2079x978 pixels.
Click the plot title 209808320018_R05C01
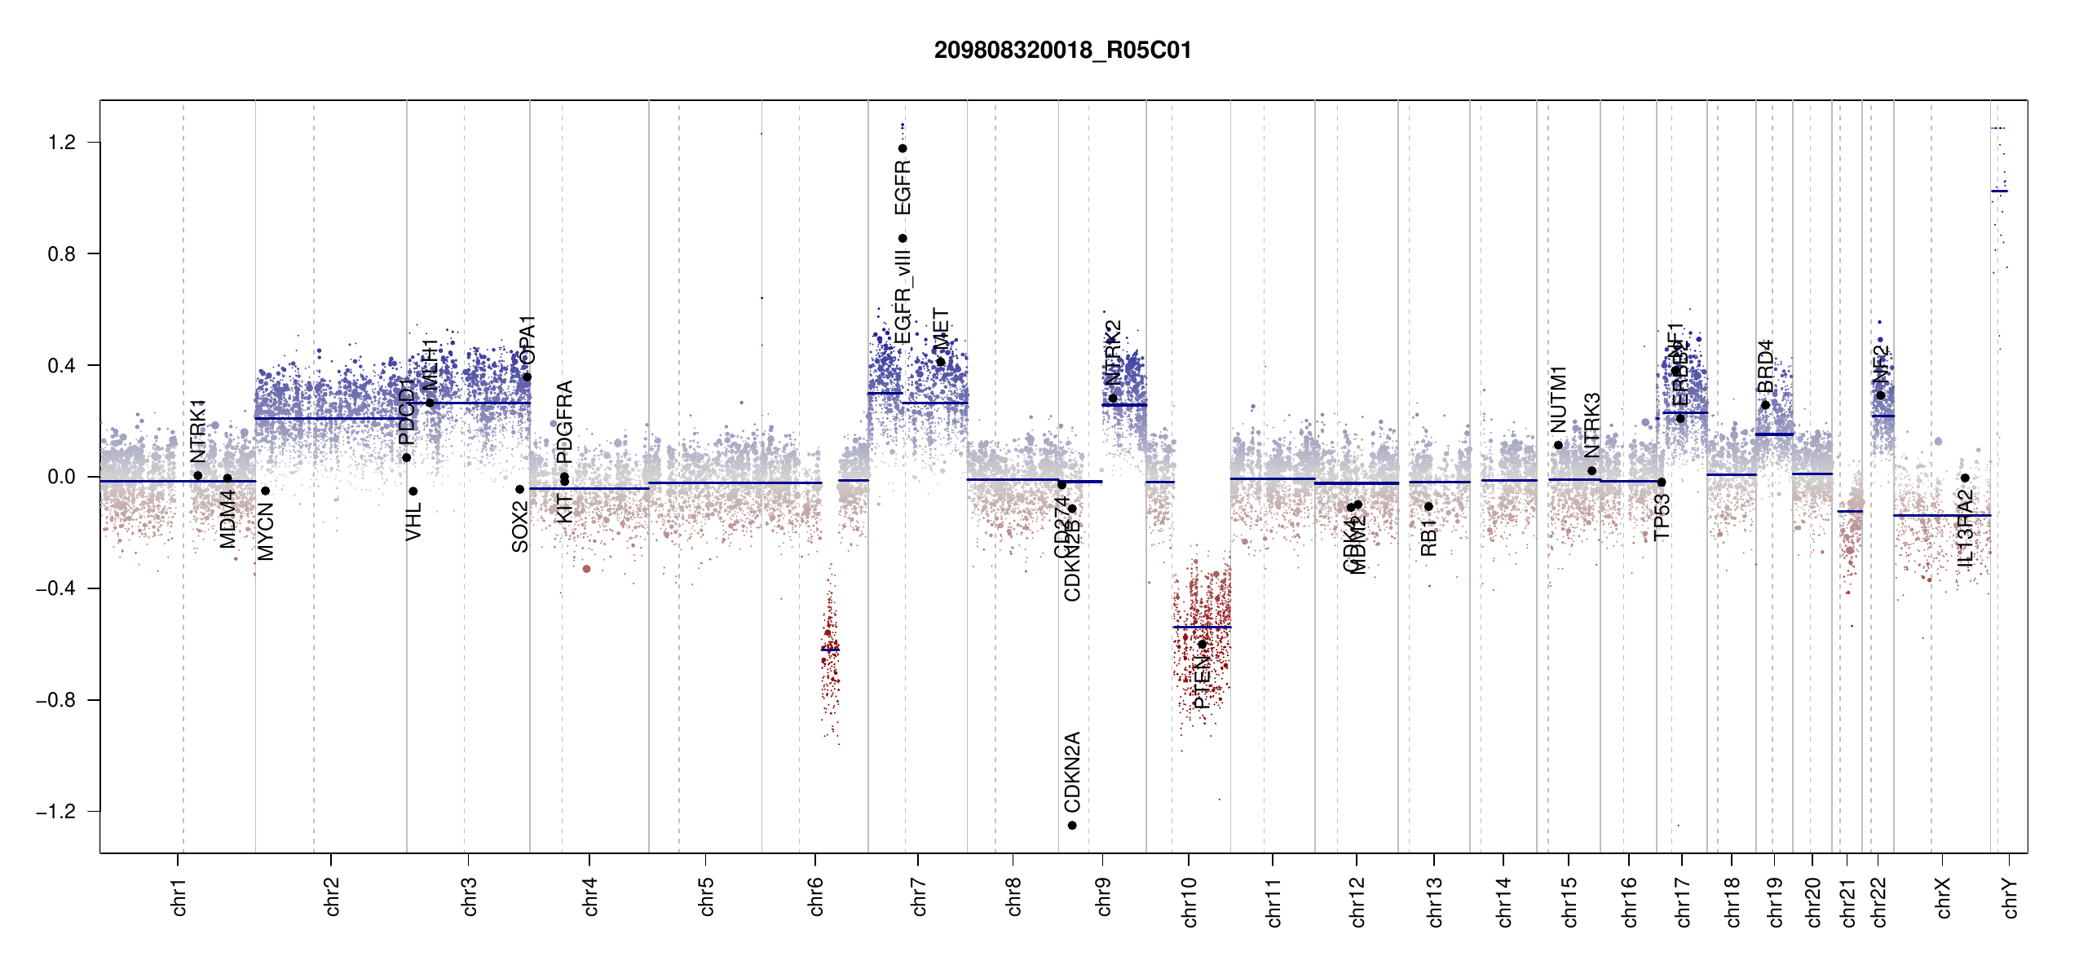1062,51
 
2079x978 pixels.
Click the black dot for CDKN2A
1072,826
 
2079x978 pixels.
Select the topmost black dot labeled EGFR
903,148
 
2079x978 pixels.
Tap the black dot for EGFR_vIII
903,239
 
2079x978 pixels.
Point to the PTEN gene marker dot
1202,645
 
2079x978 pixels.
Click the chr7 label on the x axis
919,896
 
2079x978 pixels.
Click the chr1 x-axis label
179,896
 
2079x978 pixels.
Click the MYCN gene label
266,531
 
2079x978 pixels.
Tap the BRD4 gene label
1765,367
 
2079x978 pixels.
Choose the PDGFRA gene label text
564,416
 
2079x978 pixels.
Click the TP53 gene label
1662,517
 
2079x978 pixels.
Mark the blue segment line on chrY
1999,192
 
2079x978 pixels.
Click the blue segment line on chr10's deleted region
1202,627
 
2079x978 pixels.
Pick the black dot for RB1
1428,507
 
